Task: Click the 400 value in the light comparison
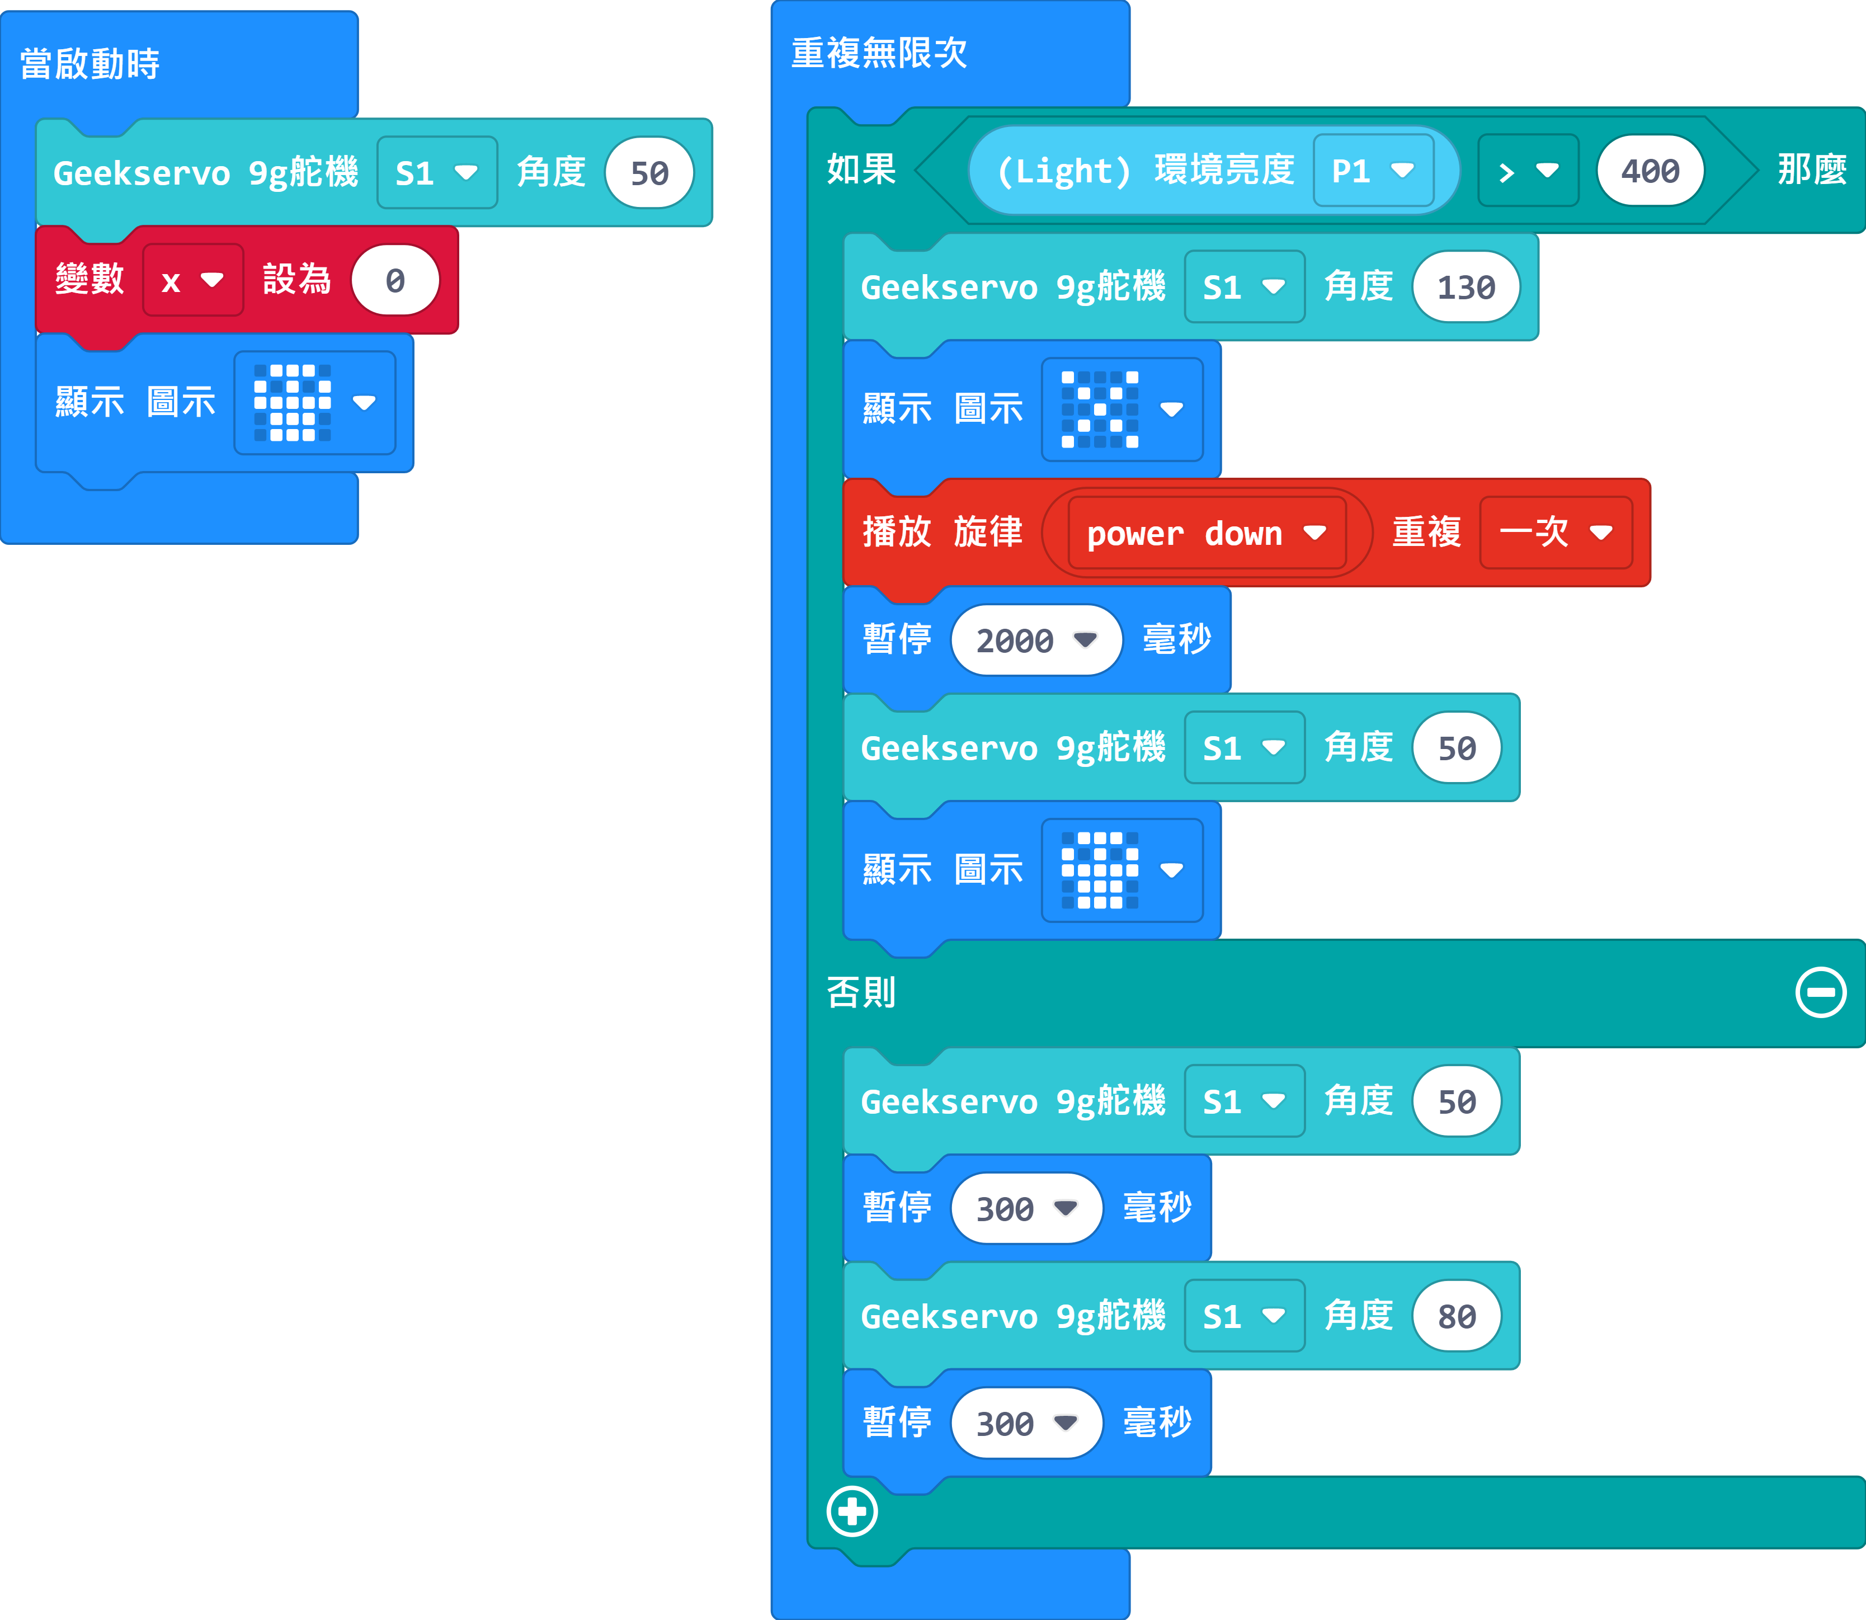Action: (1650, 170)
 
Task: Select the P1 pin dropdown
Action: (1373, 170)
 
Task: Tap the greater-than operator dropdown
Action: (1528, 170)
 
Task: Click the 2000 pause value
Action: (1036, 640)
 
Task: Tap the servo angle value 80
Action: (1457, 1316)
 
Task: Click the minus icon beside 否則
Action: (1821, 992)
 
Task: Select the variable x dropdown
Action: (192, 280)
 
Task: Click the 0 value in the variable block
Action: (395, 280)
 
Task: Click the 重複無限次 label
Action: (879, 53)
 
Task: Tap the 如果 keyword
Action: (861, 169)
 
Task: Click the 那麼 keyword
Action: (1812, 169)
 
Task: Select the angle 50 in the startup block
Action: (649, 173)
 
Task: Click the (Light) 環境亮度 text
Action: (1144, 170)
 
